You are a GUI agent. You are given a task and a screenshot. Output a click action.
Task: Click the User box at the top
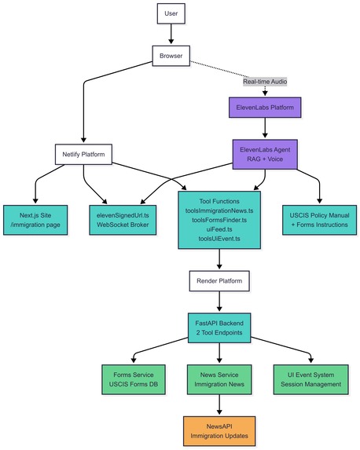coord(171,14)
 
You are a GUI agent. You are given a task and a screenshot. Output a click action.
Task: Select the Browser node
coord(171,56)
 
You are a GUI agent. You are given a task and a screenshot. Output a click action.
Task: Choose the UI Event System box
coord(307,379)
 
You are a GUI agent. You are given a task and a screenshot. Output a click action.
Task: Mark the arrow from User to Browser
coord(171,35)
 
